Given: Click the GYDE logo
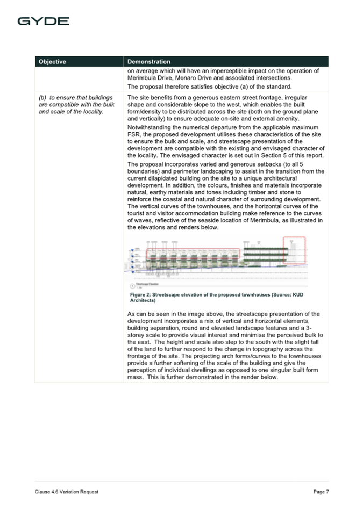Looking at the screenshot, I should click(43, 21).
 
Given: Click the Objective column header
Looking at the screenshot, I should click(52, 62).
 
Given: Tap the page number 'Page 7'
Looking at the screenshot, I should click(321, 492).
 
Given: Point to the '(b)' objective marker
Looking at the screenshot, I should click(42, 97).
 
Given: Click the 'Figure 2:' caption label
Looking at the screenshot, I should click(141, 295).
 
